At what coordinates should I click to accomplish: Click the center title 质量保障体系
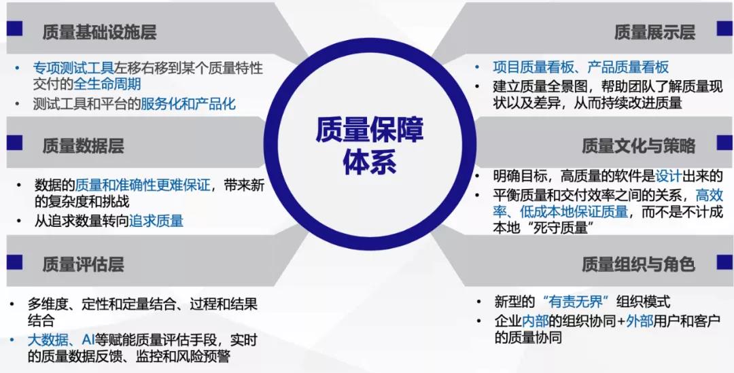369,146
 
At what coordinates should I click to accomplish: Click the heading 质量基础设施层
100,32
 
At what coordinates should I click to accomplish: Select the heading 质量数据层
84,146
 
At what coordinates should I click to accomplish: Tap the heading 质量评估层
84,265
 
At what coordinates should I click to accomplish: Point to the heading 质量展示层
654,32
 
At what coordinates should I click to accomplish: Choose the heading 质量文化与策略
638,146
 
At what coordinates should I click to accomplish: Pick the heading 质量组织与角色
638,265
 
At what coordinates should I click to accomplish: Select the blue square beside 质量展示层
725,29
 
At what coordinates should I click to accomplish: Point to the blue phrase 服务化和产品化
189,103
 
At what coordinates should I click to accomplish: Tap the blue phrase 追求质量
156,220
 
